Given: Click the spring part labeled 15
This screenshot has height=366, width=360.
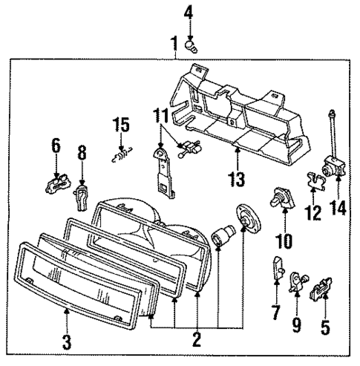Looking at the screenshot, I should click(120, 156).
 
